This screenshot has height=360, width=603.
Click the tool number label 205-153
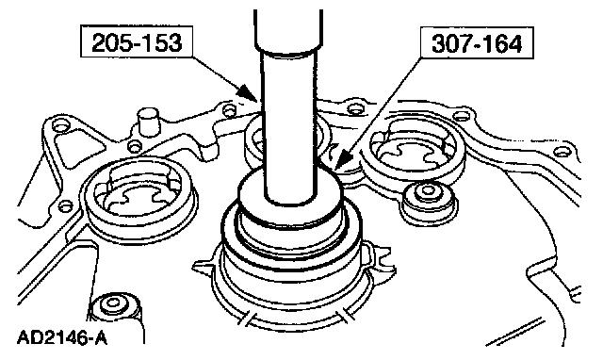click(137, 41)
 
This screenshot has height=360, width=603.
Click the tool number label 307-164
click(477, 42)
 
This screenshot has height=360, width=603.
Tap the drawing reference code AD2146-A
click(62, 338)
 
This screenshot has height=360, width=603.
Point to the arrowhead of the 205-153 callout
click(248, 93)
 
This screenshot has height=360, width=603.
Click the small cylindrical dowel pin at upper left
click(148, 121)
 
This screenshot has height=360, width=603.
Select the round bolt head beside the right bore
click(427, 195)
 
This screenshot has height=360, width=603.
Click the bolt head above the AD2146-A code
click(115, 306)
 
